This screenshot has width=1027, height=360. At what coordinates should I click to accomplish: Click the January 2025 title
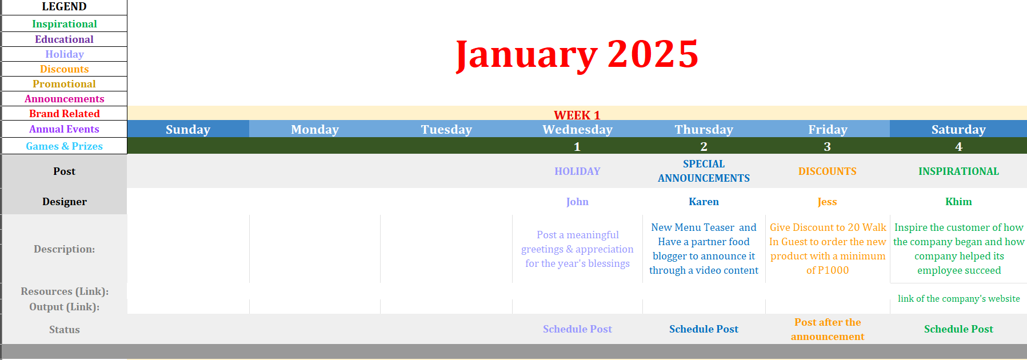coord(577,55)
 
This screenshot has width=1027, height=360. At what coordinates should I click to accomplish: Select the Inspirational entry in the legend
coord(65,24)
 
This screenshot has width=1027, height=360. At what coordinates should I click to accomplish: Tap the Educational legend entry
coord(64,39)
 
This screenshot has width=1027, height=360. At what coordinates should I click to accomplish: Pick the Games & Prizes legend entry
coord(65,146)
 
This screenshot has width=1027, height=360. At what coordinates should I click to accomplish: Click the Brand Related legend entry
coord(65,114)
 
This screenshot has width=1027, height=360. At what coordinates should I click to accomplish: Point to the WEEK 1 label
coord(577,115)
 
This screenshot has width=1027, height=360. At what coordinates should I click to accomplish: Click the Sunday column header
coord(188,130)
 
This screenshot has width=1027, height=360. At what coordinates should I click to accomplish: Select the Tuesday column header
coord(446,130)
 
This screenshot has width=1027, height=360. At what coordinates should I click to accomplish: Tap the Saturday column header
coord(958,130)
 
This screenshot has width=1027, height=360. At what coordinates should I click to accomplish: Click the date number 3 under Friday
coord(827,147)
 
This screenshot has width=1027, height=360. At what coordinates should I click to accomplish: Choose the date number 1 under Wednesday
coord(577,147)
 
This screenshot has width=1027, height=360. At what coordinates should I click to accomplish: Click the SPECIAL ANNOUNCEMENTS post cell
coord(704,171)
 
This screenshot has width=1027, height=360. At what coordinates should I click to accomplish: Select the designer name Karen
coord(704,202)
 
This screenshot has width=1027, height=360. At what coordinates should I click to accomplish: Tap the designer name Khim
coord(958,202)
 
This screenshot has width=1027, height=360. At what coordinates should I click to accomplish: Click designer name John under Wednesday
coord(577,202)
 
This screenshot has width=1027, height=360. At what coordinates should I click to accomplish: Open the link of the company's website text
coord(958,298)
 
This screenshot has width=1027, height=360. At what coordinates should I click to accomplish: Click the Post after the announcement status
coord(828,329)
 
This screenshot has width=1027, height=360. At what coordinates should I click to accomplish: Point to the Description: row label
coord(65,249)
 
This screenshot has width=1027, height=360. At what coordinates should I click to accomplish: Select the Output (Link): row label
coord(65,307)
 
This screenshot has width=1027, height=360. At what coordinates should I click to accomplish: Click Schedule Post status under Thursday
coord(704,329)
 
